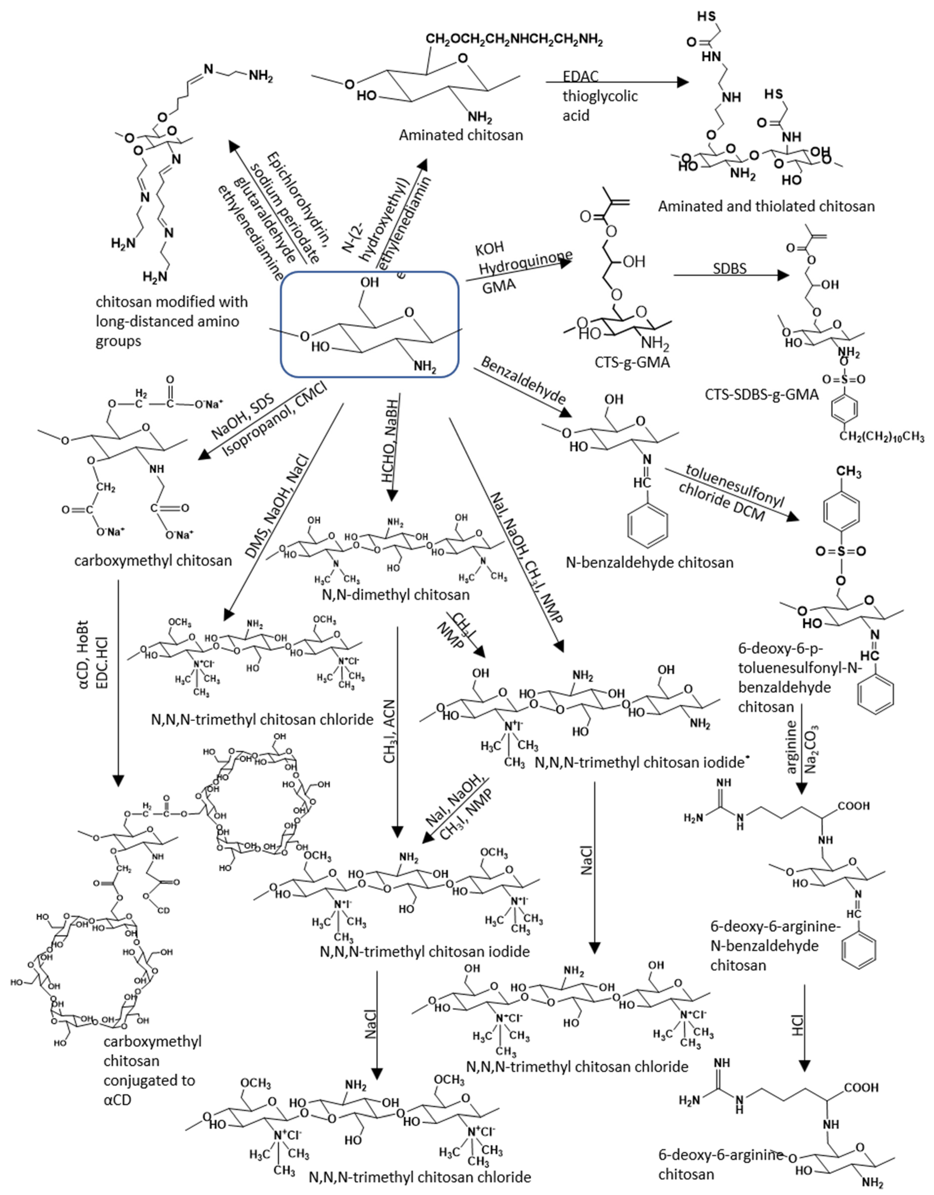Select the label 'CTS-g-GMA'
632,362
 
